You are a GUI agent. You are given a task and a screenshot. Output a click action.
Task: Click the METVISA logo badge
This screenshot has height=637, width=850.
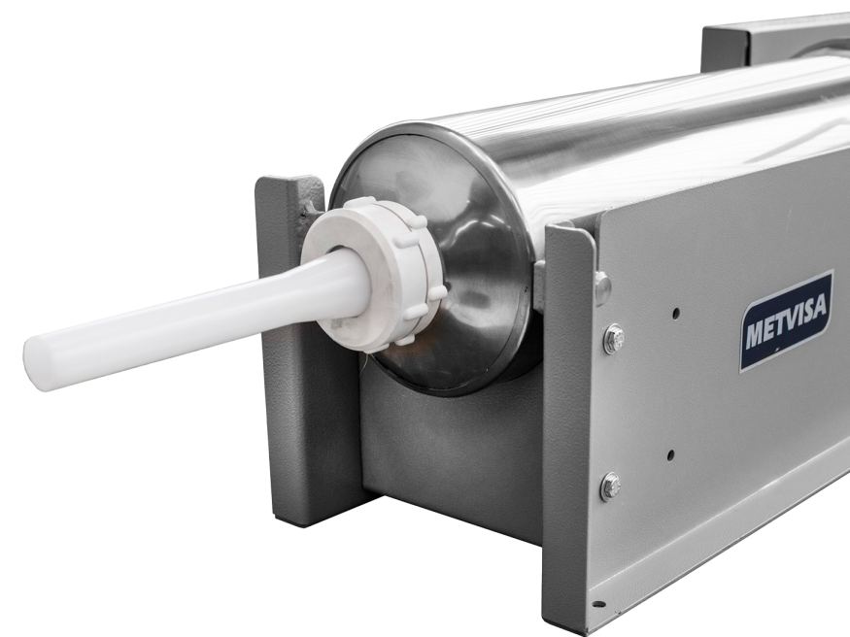tap(787, 320)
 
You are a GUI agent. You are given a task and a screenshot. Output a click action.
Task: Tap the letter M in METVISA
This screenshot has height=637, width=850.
tap(755, 335)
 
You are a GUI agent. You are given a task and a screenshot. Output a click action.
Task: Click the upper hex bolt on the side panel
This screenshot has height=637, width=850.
tap(614, 339)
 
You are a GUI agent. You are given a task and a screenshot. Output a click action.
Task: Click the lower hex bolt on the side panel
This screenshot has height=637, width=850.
tap(611, 486)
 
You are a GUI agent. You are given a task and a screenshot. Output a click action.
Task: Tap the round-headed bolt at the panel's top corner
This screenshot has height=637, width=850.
tap(602, 288)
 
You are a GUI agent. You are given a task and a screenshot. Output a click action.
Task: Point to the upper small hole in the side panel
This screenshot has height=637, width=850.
tap(675, 313)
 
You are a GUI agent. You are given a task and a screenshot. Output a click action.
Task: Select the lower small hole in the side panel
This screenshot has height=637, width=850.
tap(671, 455)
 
